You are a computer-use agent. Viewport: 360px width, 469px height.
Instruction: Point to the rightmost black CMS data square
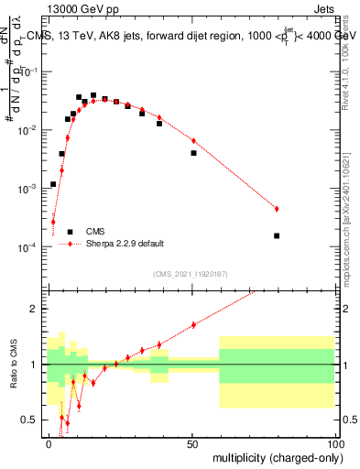[277, 235]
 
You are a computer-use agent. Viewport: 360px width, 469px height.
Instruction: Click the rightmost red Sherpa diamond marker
[277, 209]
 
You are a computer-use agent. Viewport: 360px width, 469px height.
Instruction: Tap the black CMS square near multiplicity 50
[193, 153]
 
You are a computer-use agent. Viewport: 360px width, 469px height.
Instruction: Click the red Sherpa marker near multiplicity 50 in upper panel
[193, 140]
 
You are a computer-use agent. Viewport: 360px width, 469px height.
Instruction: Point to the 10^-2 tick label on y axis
[32, 130]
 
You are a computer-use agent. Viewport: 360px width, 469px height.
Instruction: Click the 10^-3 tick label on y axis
[32, 189]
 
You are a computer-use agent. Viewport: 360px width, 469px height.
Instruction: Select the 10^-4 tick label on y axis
[32, 247]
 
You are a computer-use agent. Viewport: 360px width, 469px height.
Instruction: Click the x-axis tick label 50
[191, 442]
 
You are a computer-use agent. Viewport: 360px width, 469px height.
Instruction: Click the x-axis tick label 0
[49, 442]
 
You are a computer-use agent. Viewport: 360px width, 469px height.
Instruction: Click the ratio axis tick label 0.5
[34, 420]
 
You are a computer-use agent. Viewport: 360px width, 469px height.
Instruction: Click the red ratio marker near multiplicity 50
[193, 325]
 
